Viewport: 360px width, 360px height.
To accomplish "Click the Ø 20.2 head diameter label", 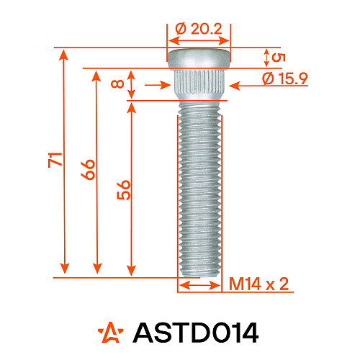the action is tap(199, 29).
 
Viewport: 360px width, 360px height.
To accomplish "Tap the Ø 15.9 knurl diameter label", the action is tap(285, 78).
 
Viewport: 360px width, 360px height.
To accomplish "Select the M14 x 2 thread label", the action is tap(258, 284).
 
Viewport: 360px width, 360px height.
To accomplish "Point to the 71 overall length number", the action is tap(55, 160).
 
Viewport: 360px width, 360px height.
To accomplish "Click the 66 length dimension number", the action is tap(88, 169).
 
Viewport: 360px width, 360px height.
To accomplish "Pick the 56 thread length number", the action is tap(124, 190).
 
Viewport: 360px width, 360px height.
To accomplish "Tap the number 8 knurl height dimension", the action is tap(117, 84).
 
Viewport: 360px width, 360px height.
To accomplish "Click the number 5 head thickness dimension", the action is tap(279, 58).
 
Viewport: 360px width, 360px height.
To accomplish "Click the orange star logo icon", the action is tap(111, 333).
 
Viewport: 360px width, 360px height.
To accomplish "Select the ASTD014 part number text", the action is tap(196, 333).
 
